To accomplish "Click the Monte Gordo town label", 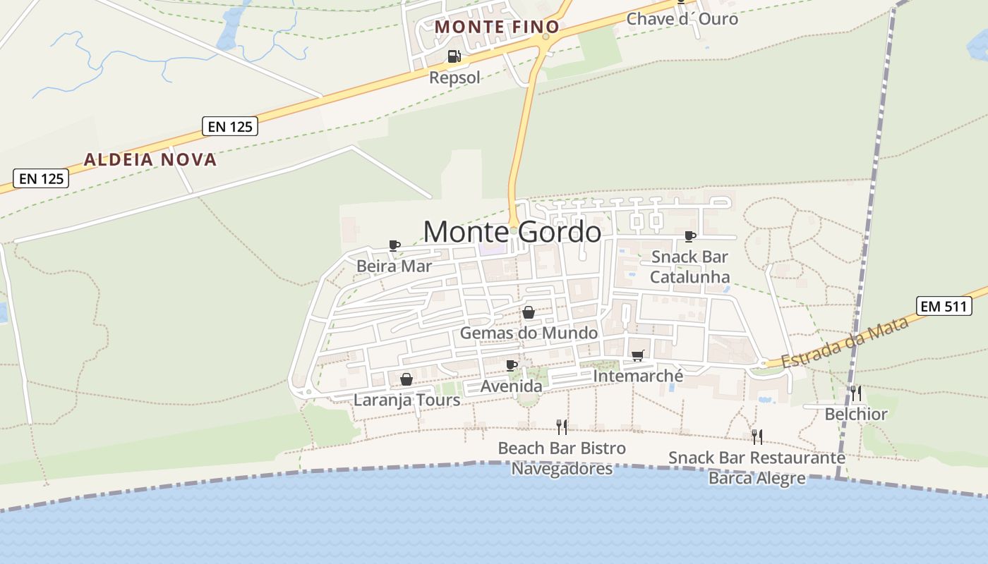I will [512, 232].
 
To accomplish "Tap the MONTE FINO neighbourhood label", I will [497, 27].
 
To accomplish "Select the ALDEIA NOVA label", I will [150, 159].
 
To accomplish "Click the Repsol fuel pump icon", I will [454, 56].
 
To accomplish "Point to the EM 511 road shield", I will [944, 306].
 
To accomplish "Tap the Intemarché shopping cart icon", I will [638, 355].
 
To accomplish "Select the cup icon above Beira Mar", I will [394, 245].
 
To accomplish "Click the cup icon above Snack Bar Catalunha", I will [689, 235].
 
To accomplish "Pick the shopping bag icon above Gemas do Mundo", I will [529, 312].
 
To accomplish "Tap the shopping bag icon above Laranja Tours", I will [406, 379].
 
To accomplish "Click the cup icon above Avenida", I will [512, 365].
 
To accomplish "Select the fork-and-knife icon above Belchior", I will [856, 393].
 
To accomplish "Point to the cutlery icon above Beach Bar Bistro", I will [562, 427].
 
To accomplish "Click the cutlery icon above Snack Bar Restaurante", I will [757, 436].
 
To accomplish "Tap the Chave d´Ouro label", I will [682, 19].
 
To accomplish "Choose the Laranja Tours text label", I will [406, 400].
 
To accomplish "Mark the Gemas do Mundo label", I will [529, 333].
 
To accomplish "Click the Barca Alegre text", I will [757, 478].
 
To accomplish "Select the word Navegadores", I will [562, 469].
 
